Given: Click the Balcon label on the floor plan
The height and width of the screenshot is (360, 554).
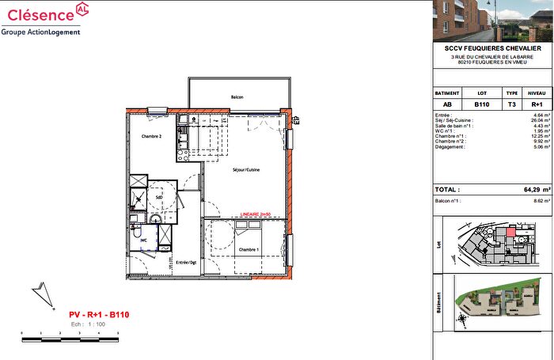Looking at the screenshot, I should click(237, 97).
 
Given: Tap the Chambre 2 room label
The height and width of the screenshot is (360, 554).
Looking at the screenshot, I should click(151, 136).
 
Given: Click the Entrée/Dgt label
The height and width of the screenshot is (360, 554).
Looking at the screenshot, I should click(186, 262).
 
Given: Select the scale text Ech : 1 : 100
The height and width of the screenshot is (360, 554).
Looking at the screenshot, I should click(88, 324).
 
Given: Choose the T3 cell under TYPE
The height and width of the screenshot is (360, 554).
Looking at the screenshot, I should click(512, 104).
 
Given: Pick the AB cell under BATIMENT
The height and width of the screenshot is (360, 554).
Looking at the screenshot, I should click(448, 104).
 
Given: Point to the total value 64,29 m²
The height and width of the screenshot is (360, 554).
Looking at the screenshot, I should click(531, 191).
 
